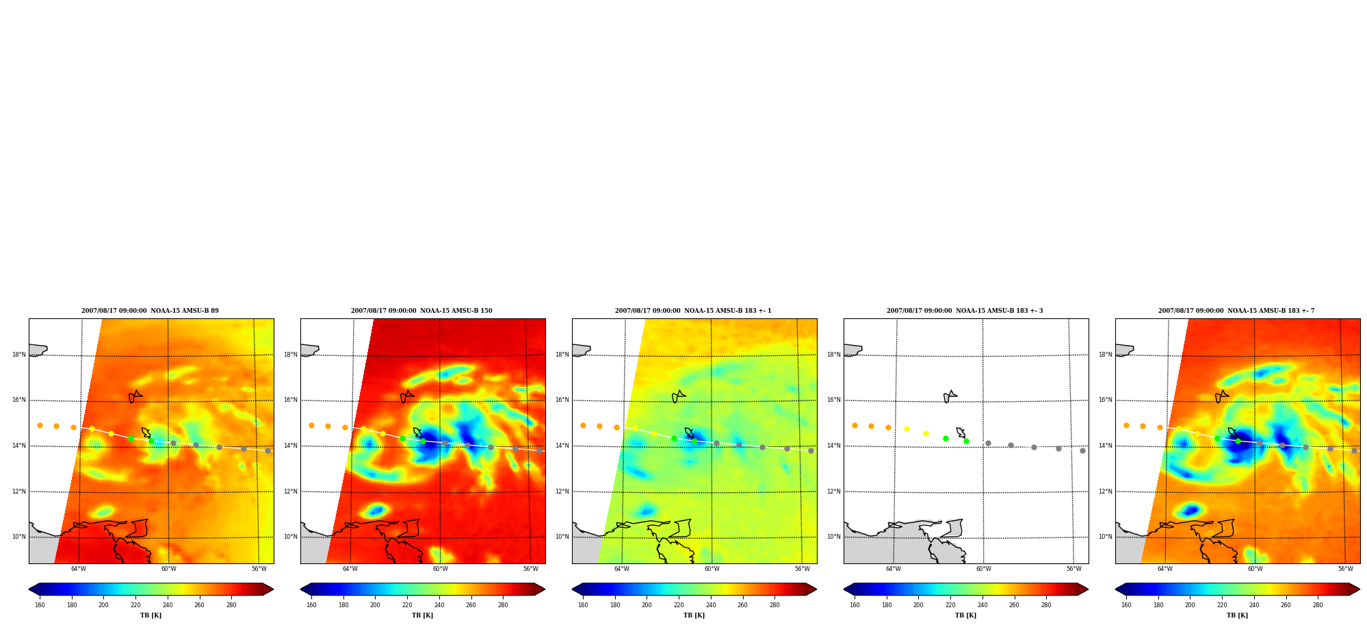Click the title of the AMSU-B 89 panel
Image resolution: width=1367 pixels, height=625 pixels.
[x=150, y=311]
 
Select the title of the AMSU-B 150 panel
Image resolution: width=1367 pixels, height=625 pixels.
[x=421, y=311]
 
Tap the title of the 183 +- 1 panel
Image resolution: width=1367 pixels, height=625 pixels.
[x=693, y=311]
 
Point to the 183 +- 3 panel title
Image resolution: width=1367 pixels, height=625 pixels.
[x=965, y=311]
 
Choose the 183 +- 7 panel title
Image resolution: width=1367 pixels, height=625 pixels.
[x=1236, y=311]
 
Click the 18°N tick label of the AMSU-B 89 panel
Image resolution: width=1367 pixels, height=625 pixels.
[x=18, y=355]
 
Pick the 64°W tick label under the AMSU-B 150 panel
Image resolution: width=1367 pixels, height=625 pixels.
[x=350, y=569]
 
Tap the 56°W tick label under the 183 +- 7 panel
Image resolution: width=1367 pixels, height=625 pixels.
[x=1346, y=569]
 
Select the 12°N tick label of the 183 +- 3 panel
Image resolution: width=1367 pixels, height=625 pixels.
[x=833, y=492]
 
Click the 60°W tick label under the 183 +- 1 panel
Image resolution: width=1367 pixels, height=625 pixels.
[x=712, y=569]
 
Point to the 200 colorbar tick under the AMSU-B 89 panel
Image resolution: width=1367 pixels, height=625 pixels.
[x=103, y=605]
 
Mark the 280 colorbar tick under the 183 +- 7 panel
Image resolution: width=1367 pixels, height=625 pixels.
[x=1318, y=605]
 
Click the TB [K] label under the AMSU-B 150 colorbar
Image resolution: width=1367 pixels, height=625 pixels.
[x=422, y=615]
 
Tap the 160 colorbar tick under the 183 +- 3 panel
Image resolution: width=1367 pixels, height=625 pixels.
[x=855, y=605]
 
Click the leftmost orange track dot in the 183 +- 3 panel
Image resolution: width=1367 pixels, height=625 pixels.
[x=855, y=425]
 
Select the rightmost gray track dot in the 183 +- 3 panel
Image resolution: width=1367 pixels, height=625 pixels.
[x=1082, y=450]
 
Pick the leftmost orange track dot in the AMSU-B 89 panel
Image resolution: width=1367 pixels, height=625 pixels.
[x=40, y=425]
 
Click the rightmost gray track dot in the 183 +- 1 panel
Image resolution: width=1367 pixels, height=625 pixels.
[x=811, y=450]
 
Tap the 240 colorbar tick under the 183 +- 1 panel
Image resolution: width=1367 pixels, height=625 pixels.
[x=711, y=605]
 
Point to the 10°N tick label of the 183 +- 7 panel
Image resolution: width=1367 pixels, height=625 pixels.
[x=1105, y=537]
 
